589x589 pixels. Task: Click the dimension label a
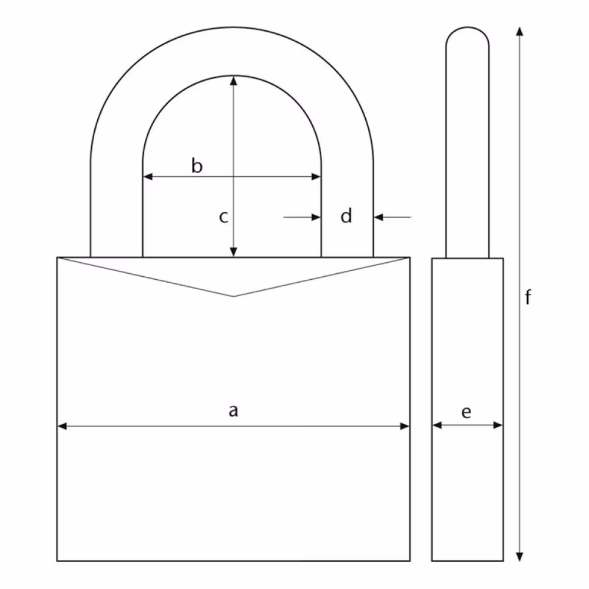tap(233, 411)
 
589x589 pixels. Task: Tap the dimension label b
tap(197, 166)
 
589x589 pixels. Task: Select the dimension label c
tap(223, 217)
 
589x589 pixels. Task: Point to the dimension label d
tap(346, 216)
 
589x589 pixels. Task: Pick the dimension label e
tap(466, 412)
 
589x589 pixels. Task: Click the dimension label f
tap(528, 297)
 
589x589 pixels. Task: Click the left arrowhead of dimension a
tap(62, 426)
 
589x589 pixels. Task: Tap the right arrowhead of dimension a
tap(405, 426)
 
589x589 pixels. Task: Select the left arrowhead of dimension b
tap(148, 176)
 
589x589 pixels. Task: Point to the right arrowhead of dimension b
tap(316, 176)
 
